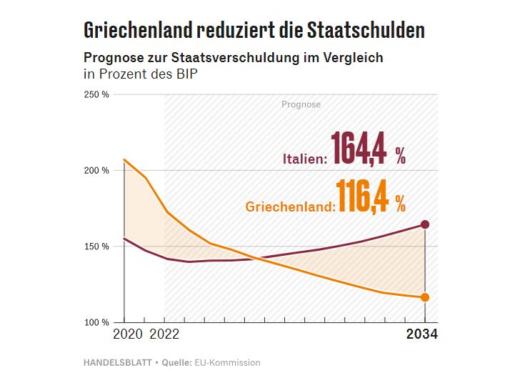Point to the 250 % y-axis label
(96, 95)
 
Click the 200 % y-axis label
(96, 171)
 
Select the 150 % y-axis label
(96, 247)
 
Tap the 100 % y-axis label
(96, 322)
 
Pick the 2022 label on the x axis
(165, 334)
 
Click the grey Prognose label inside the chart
(301, 104)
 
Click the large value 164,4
(359, 149)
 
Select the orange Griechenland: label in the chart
(291, 207)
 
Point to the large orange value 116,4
(363, 197)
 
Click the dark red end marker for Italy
(425, 224)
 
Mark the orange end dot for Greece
(425, 297)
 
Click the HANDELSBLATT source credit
(117, 362)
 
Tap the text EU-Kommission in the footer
(227, 362)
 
